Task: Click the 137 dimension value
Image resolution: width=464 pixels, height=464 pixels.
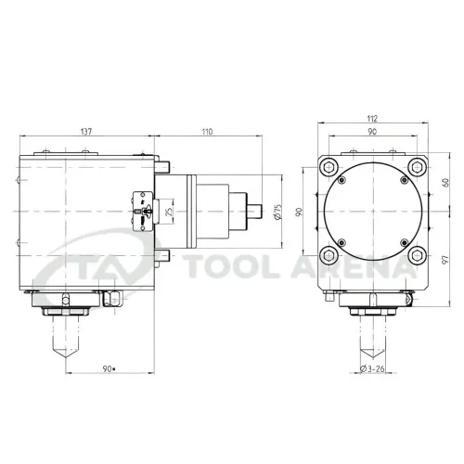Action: coord(86,132)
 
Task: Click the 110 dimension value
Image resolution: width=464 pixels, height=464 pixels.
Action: coord(207,132)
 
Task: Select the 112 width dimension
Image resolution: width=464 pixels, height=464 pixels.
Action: coord(372,119)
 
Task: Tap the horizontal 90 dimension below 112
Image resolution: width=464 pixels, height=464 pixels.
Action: coord(372,132)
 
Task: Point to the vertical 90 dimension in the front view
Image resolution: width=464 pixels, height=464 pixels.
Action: coord(299,212)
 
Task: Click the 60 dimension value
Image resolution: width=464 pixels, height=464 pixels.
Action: coord(445,183)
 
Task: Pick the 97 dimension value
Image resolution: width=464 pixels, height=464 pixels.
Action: coord(445,260)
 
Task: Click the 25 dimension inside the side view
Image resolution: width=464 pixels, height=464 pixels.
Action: coord(169,212)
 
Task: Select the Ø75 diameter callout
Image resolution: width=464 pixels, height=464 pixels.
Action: coord(278,212)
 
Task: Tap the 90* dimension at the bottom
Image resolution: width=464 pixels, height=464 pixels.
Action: coord(109,368)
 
